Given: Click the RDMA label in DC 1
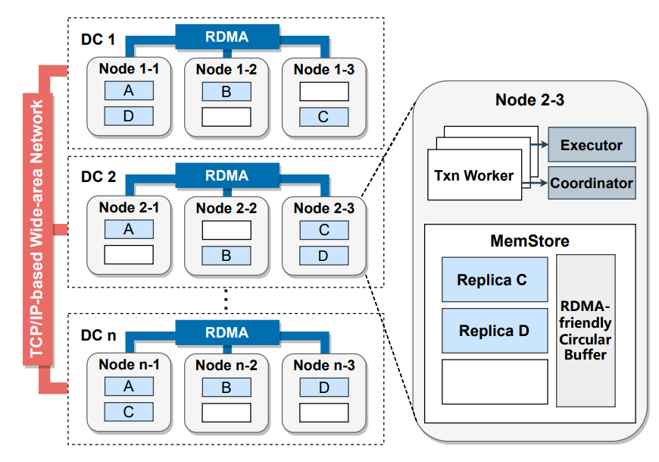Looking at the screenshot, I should point(227,35).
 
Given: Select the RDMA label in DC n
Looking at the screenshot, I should point(227,332).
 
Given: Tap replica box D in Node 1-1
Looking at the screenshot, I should point(128,117).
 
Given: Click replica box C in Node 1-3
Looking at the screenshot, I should point(323,117).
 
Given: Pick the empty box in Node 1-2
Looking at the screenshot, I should point(226,117).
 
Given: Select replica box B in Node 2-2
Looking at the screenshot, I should point(226,256).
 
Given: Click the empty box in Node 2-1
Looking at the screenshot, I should point(128,256).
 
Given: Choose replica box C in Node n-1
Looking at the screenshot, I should point(128,412).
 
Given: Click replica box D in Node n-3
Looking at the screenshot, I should point(323,387).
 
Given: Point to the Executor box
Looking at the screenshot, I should point(592,145).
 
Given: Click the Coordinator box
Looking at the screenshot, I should point(592,184).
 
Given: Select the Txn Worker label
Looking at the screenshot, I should point(473,175).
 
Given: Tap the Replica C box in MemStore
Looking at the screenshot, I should point(494,280).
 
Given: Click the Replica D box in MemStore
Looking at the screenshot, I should point(494,331).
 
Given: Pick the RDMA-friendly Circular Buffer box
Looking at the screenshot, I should point(586,331).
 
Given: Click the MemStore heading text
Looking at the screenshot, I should point(529,241).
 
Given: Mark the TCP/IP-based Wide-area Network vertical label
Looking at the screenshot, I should point(37,228).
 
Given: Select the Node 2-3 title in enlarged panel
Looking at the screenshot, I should point(529,99).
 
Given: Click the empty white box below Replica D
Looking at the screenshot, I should point(494,382).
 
